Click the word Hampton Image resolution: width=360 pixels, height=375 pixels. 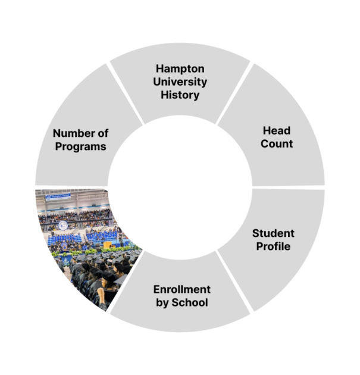(x=180, y=69)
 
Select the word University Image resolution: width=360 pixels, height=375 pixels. (x=180, y=82)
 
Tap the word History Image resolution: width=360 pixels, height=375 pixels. (x=180, y=95)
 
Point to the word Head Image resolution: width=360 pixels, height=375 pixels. (x=277, y=131)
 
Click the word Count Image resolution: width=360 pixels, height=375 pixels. (x=277, y=143)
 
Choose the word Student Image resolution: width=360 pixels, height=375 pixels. (x=273, y=233)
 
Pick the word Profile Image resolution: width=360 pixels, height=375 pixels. (x=273, y=246)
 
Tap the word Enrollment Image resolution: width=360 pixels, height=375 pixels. (x=182, y=289)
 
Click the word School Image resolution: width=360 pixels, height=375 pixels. (x=190, y=302)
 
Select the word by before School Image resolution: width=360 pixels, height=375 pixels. (x=162, y=303)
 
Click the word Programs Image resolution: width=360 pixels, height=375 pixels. (x=80, y=146)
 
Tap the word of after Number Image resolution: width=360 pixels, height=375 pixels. (x=103, y=133)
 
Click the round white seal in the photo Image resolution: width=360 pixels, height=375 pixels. (x=63, y=225)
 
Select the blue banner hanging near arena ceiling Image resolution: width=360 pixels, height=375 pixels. (x=58, y=196)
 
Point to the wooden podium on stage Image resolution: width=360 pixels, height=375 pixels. (x=107, y=245)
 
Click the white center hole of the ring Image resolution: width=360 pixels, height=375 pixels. (x=180, y=187)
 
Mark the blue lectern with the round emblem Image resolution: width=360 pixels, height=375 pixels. (x=65, y=246)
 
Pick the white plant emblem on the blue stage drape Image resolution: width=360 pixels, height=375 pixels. (x=66, y=261)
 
